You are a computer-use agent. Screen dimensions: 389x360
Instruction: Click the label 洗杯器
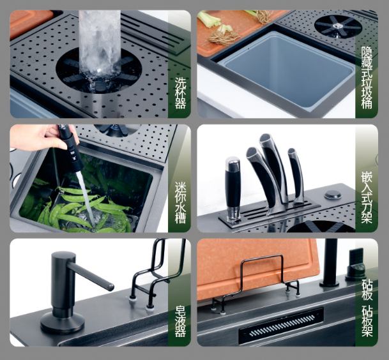pos(180,93)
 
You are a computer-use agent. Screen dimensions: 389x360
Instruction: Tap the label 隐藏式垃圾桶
pos(367,78)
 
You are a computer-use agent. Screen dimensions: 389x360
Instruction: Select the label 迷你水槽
pos(180,203)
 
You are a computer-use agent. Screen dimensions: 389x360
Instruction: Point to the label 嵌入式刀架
pos(367,197)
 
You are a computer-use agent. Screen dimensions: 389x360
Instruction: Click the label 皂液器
pos(180,322)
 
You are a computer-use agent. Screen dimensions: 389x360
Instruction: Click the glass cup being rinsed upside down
pos(100,43)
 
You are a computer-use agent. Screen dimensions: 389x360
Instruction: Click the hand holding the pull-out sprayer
pos(42,137)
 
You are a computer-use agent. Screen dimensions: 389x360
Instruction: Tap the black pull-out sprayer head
pos(71,148)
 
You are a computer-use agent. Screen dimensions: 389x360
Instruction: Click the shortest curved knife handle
pos(296,176)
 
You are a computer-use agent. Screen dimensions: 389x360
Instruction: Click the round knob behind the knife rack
pos(333,195)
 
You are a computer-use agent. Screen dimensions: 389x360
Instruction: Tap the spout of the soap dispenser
pos(90,276)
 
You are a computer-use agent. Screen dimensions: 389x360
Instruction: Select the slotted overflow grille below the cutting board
pos(281,325)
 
